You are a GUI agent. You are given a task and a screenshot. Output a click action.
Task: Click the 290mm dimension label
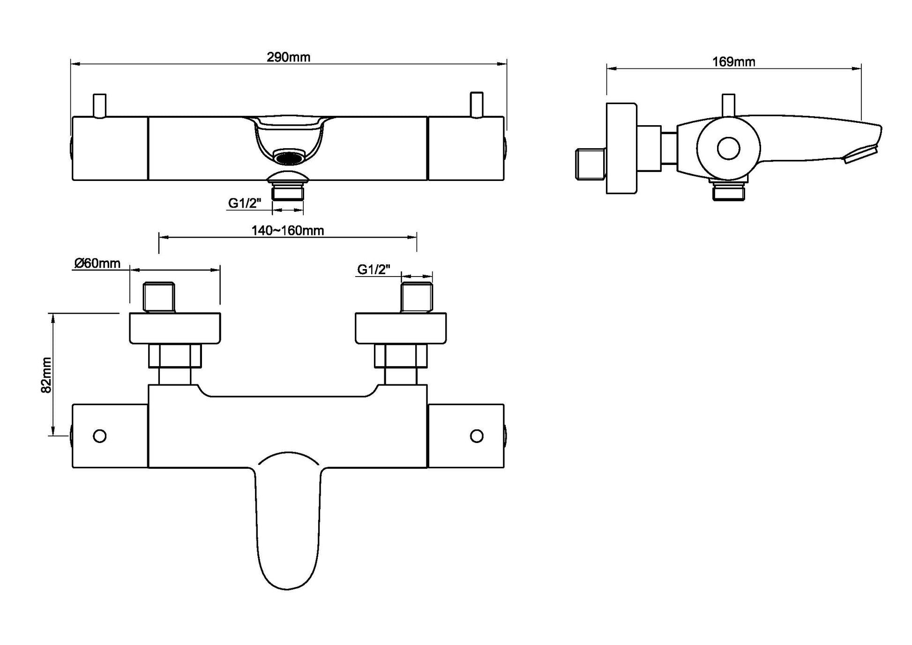[288, 57]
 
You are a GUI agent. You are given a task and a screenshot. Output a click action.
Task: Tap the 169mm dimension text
[733, 62]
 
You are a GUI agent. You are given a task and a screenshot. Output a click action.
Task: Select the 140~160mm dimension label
[287, 231]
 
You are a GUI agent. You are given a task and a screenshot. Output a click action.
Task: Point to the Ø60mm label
[97, 263]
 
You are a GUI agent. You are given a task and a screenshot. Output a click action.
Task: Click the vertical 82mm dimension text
[46, 375]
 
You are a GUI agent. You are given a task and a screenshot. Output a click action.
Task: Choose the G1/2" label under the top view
[244, 203]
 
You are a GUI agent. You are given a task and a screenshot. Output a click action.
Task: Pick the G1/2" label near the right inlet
[374, 270]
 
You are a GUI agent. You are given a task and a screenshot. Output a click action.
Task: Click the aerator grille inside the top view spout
[289, 158]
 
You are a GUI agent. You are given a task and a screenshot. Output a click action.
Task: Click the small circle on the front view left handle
[99, 436]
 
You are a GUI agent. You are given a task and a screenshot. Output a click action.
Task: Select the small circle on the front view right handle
[477, 436]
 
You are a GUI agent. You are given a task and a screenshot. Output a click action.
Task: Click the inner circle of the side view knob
[728, 149]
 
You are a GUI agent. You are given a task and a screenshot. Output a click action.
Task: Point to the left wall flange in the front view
[175, 328]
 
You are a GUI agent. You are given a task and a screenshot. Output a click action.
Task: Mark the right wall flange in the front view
[400, 328]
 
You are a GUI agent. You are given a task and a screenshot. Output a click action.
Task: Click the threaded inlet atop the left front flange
[159, 297]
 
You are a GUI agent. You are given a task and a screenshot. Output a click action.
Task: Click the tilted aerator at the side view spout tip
[860, 155]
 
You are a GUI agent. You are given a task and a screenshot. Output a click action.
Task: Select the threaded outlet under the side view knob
[728, 192]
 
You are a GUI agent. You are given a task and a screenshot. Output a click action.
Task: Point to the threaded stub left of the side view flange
[590, 164]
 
